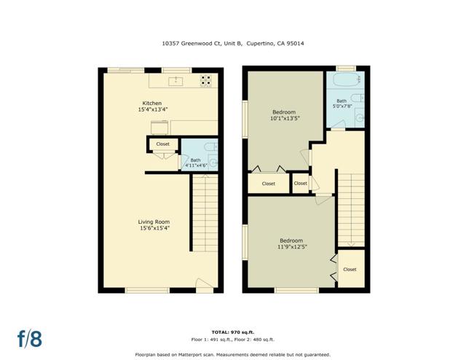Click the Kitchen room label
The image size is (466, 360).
pos(152,106)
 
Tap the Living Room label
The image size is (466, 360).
pos(154,225)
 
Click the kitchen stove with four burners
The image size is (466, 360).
pos(206,80)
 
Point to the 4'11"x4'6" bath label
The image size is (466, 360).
pos(195,162)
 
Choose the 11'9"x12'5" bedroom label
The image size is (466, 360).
pos(291,244)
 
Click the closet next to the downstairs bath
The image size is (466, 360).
pos(162,144)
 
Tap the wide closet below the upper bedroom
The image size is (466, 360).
pos(268,184)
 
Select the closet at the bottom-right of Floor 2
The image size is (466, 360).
pos(349,269)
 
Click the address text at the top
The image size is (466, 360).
pos(232,43)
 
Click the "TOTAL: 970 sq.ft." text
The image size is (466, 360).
pos(232,332)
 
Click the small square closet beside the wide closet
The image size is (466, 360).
pos(300,183)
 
